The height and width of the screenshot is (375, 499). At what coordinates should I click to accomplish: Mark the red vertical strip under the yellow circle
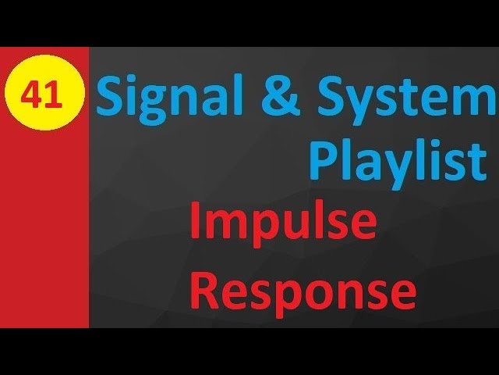tap(44, 234)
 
